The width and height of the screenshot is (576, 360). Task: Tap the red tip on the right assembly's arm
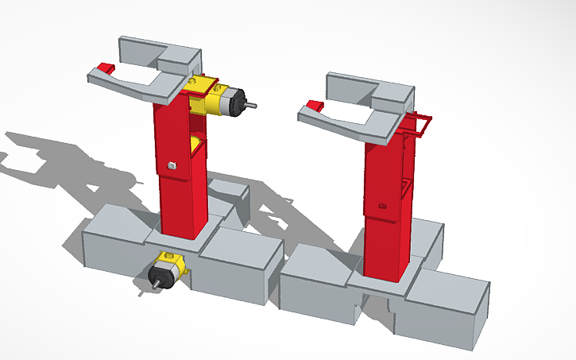point(314,106)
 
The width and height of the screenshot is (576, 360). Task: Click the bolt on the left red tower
point(172,165)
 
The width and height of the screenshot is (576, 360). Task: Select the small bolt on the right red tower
point(382,207)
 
